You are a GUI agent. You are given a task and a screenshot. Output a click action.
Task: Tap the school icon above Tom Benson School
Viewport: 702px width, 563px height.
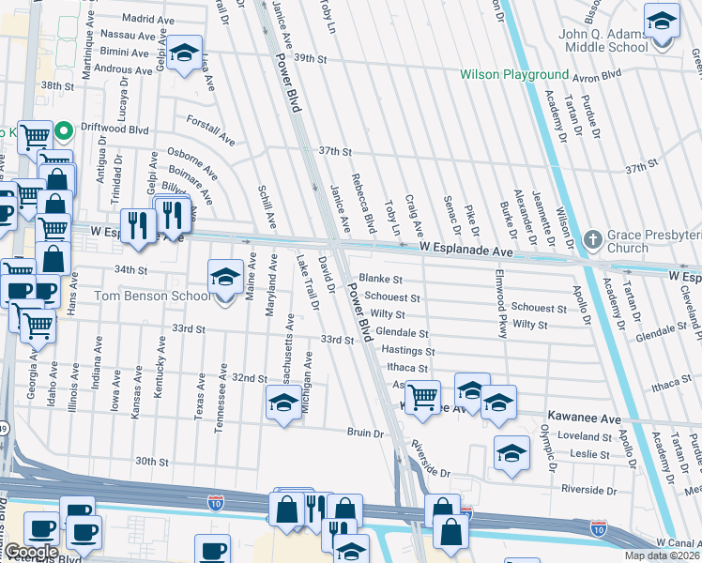(x=224, y=277)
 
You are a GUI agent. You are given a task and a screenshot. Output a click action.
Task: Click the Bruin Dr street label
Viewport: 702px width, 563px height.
(x=366, y=434)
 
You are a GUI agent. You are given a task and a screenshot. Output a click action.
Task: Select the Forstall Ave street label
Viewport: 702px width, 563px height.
(x=210, y=131)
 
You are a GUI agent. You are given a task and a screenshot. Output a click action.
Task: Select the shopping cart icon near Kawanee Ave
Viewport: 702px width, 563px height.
(x=422, y=396)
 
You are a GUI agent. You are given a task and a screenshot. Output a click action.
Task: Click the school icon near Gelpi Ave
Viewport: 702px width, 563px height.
(x=185, y=53)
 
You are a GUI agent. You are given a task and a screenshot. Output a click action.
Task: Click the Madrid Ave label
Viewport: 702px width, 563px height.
(x=149, y=18)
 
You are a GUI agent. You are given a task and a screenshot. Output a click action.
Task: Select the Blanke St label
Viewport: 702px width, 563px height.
(x=380, y=280)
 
